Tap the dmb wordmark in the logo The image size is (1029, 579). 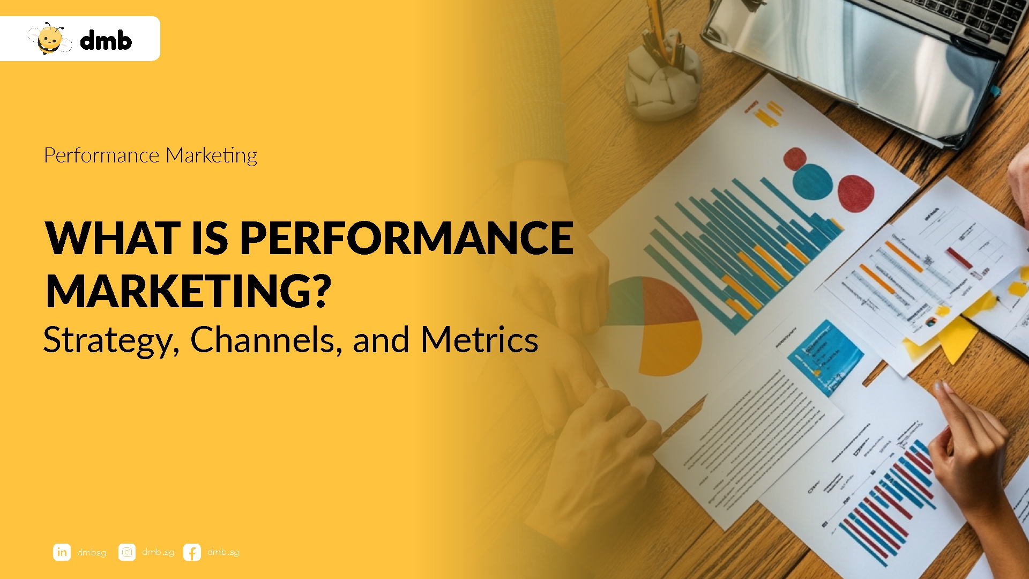tap(106, 41)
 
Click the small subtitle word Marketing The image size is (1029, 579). tap(211, 155)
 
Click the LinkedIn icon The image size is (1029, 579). tap(62, 552)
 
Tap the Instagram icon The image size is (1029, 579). tap(127, 552)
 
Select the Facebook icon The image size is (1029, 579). tap(192, 552)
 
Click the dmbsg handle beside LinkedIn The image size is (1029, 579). tap(92, 552)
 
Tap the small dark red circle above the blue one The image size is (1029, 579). tap(794, 159)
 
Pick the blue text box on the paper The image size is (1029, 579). tap(825, 357)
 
